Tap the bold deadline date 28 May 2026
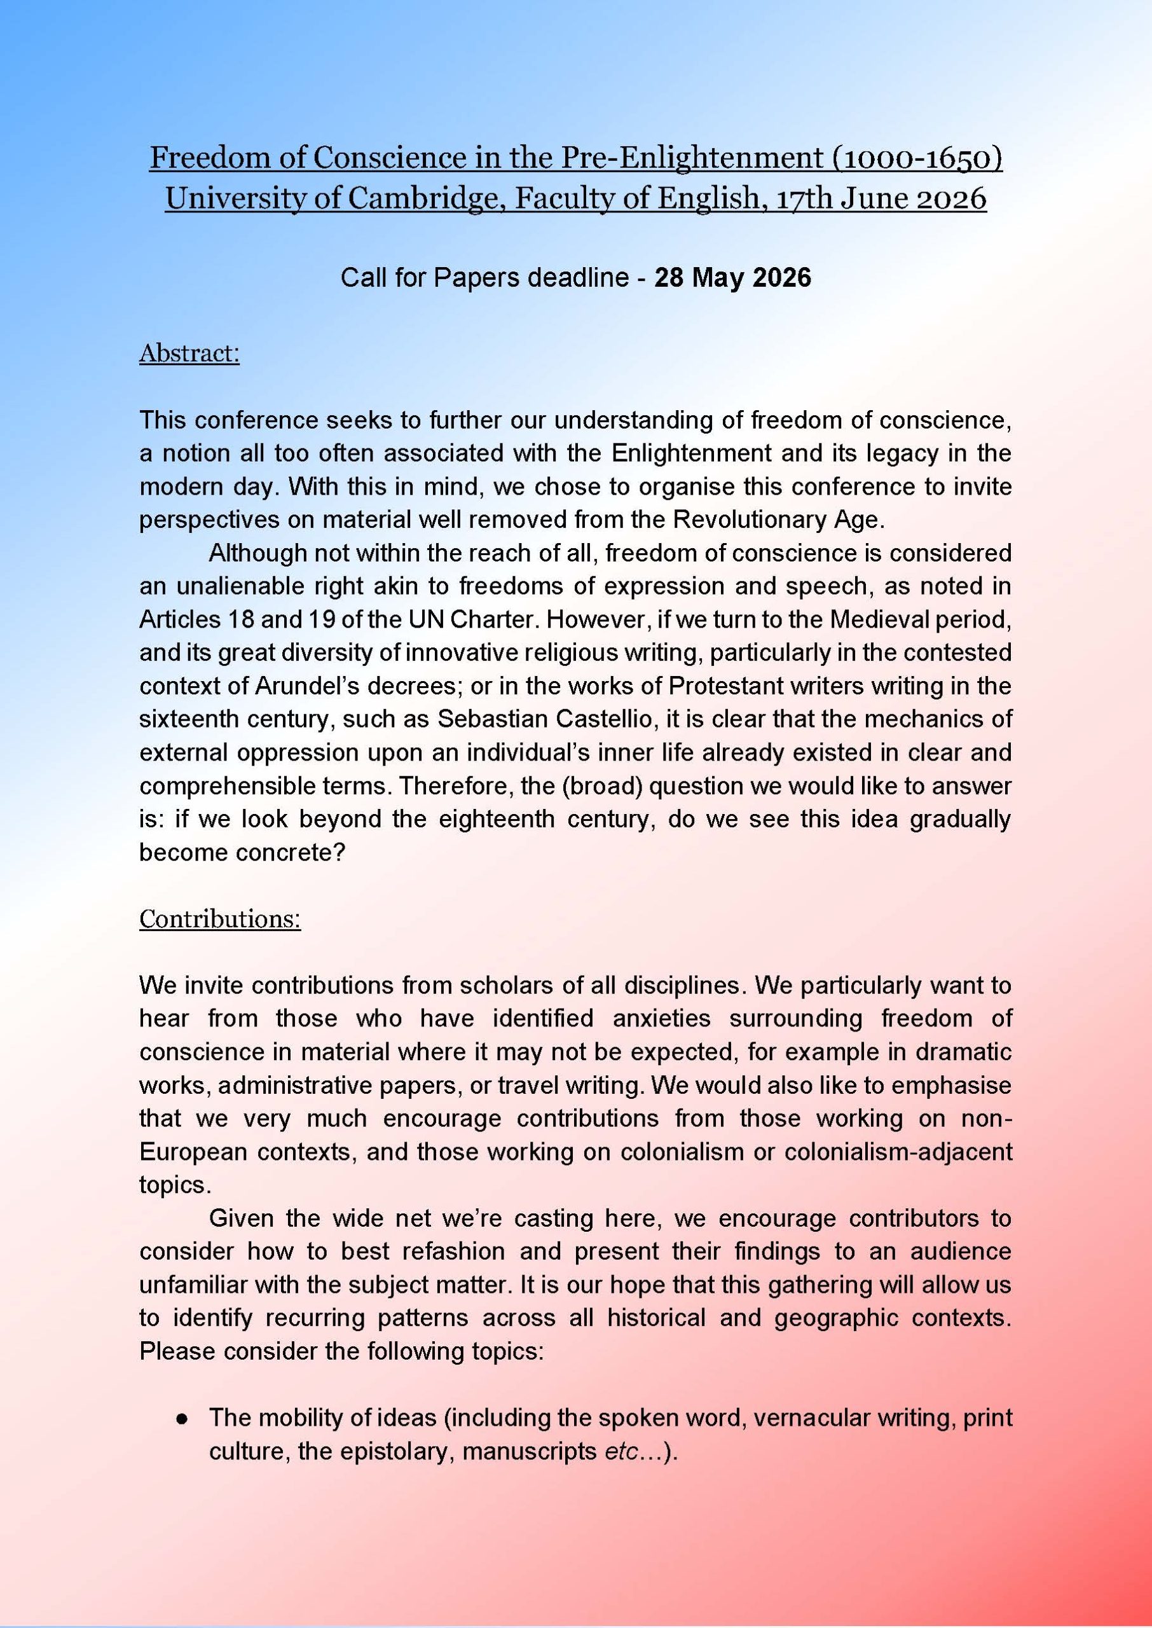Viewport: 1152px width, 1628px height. click(x=732, y=277)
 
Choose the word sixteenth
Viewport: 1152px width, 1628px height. click(x=189, y=719)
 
